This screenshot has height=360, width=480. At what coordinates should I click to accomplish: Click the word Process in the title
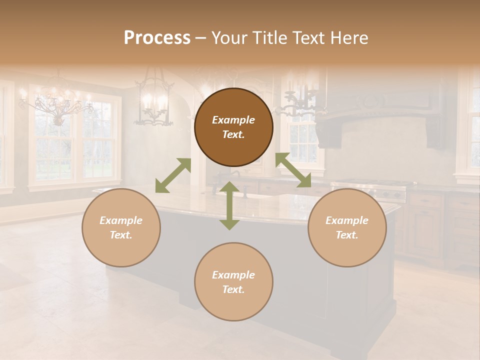pyautogui.click(x=157, y=38)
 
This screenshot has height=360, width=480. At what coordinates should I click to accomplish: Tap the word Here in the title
pyautogui.click(x=348, y=38)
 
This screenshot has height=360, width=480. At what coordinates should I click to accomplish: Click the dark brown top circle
pyautogui.click(x=233, y=127)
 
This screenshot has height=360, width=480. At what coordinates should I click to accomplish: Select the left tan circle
pyautogui.click(x=121, y=227)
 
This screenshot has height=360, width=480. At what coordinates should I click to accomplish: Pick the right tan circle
pyautogui.click(x=347, y=227)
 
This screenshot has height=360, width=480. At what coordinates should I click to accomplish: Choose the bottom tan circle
pyautogui.click(x=233, y=282)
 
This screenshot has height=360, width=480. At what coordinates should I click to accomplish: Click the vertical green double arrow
pyautogui.click(x=229, y=205)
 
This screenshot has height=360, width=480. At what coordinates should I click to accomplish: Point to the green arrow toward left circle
pyautogui.click(x=173, y=175)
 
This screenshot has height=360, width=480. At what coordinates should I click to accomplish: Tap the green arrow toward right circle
pyautogui.click(x=293, y=170)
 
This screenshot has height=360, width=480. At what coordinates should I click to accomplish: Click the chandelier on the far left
pyautogui.click(x=56, y=102)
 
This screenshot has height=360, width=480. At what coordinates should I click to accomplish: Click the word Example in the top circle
pyautogui.click(x=233, y=120)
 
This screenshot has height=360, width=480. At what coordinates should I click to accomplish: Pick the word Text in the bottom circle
pyautogui.click(x=233, y=289)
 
